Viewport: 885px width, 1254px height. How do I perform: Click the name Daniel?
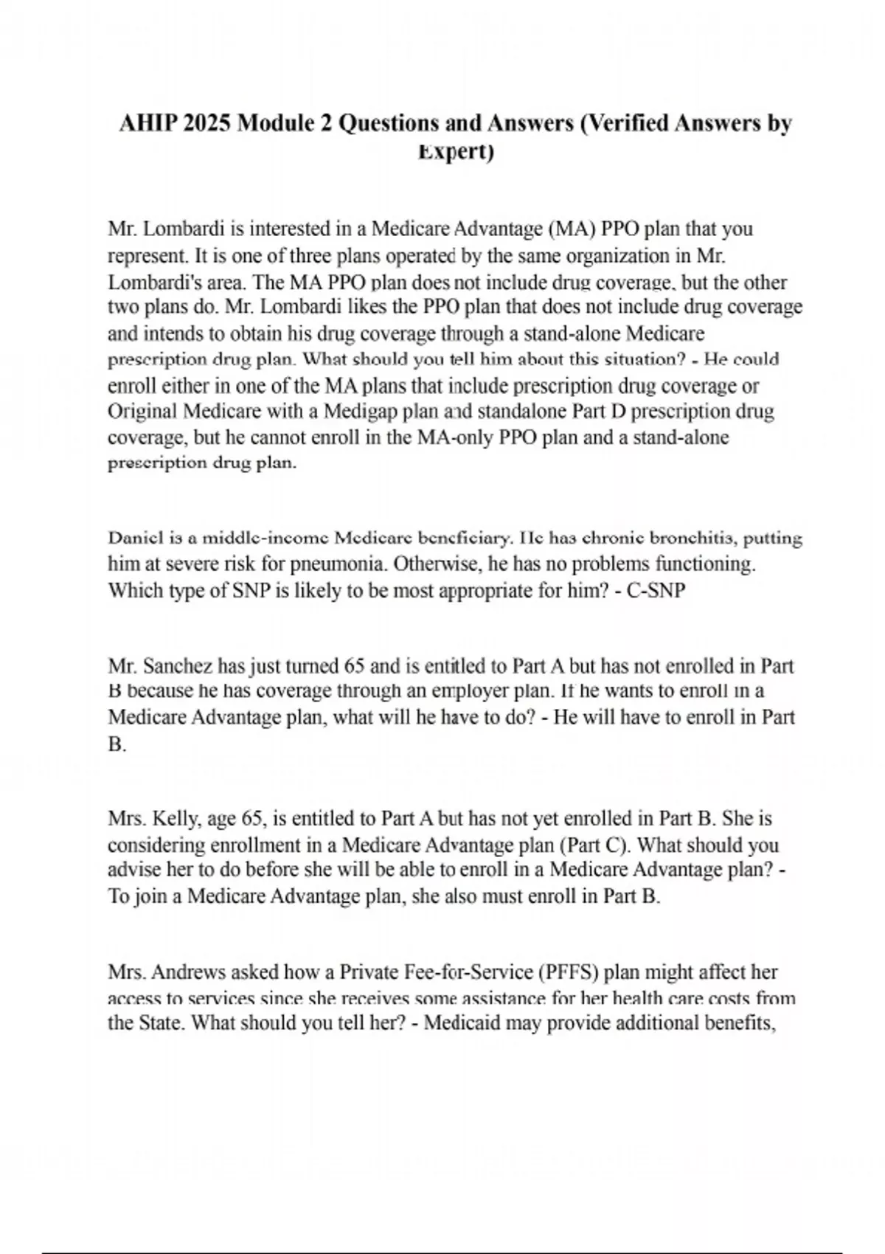(x=131, y=538)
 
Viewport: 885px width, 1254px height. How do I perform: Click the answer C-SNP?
(x=656, y=591)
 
